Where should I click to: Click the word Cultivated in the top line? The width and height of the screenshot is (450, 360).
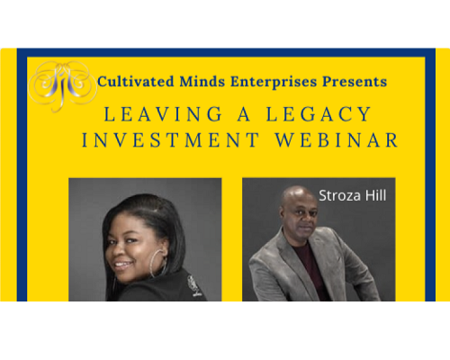click(x=136, y=82)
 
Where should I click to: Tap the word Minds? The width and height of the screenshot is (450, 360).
click(x=202, y=82)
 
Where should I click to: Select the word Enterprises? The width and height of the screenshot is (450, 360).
click(x=274, y=82)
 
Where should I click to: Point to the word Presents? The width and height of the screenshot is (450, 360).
click(x=355, y=82)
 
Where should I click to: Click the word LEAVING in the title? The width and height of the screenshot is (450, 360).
click(x=163, y=114)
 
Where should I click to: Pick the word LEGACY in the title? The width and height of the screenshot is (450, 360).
click(x=319, y=114)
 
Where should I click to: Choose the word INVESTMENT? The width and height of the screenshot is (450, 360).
click(x=170, y=140)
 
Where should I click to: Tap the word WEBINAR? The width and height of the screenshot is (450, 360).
click(x=337, y=140)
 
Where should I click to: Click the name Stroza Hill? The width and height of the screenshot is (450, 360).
click(x=353, y=195)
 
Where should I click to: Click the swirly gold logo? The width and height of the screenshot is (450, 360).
click(x=62, y=85)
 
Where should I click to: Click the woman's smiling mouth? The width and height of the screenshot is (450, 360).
click(x=122, y=265)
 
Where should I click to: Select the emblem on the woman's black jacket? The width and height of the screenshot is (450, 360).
click(x=193, y=285)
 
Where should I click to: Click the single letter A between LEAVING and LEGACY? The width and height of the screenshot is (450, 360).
click(x=244, y=114)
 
